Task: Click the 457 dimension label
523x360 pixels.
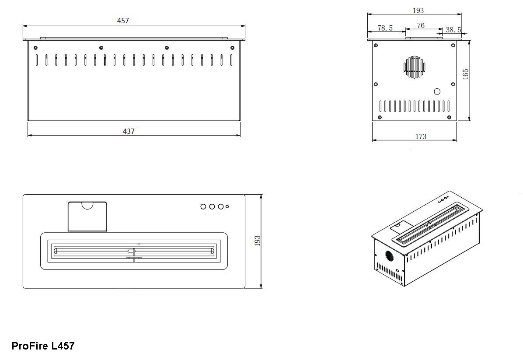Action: pos(123,21)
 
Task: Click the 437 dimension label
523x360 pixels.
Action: pos(129,131)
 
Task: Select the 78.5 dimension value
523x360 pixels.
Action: pos(385,28)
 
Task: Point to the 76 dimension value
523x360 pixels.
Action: pos(421,25)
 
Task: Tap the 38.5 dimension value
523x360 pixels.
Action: pos(453,30)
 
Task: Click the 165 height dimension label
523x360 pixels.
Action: pos(466,74)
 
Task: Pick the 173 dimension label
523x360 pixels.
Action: pos(421,136)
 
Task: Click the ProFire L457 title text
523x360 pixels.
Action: pos(43,346)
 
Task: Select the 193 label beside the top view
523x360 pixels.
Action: pos(257,241)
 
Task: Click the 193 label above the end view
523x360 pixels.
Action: pos(418,10)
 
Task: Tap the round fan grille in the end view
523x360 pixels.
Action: pos(415,67)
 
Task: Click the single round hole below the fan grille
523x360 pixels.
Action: pos(437,91)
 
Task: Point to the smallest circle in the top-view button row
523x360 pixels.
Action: pos(227,206)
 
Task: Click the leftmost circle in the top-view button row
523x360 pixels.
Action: pos(203,207)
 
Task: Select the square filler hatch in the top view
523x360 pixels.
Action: pos(87,217)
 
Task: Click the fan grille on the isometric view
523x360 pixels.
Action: pos(389,256)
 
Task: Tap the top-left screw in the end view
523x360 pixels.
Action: pos(376,45)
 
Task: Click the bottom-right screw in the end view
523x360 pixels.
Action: pos(449,117)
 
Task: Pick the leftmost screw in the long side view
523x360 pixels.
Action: pos(36,48)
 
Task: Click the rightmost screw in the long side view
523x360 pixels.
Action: pos(233,48)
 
